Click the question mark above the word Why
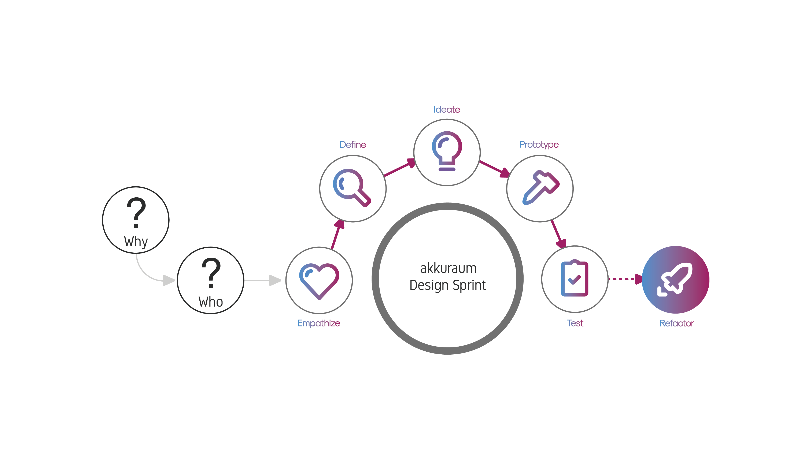[x=136, y=212]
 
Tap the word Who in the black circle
[x=211, y=302]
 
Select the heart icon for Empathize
[x=319, y=280]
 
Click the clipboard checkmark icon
[x=574, y=279]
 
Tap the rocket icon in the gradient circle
[x=676, y=279]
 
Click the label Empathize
[x=319, y=323]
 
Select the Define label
[x=353, y=145]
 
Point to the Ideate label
[x=447, y=110]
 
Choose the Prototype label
[x=539, y=145]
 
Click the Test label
[x=575, y=323]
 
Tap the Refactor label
[x=676, y=323]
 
